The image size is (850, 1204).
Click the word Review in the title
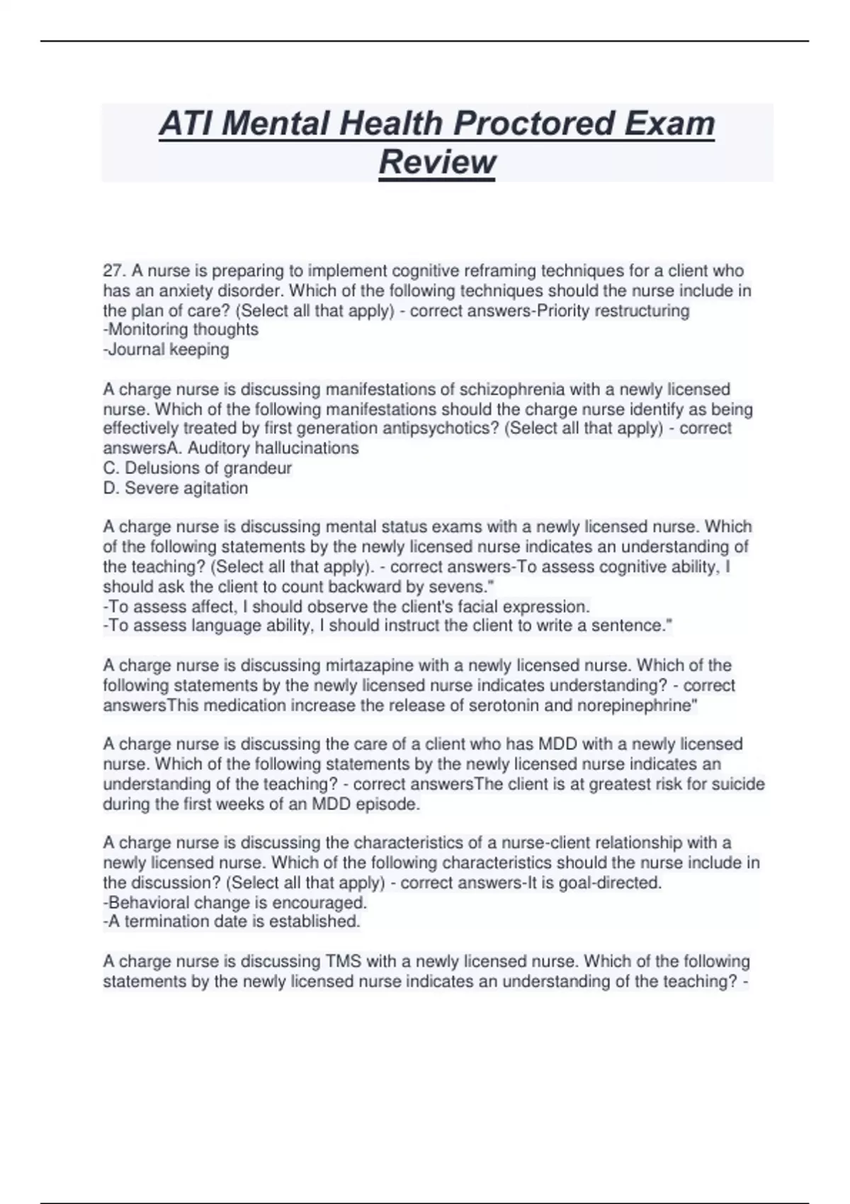tap(437, 161)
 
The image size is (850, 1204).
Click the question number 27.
tap(113, 271)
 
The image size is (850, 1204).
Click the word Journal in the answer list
tap(135, 349)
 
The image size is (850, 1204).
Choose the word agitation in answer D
tap(215, 488)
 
